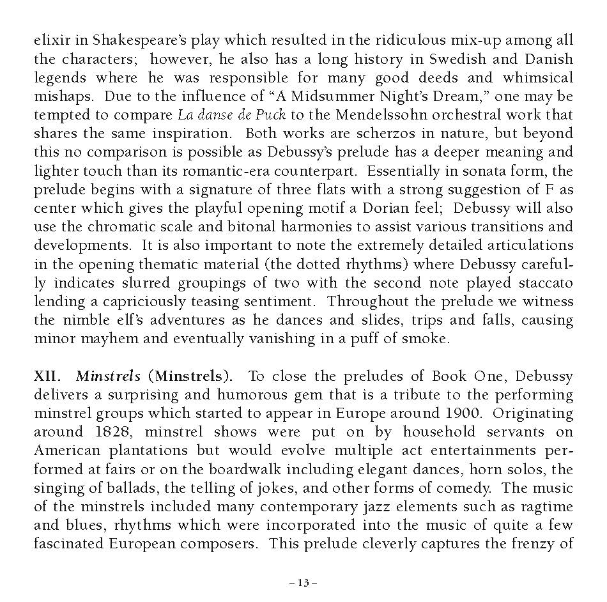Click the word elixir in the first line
(49, 40)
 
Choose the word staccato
(545, 282)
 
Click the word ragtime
(546, 507)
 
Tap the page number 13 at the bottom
(303, 582)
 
